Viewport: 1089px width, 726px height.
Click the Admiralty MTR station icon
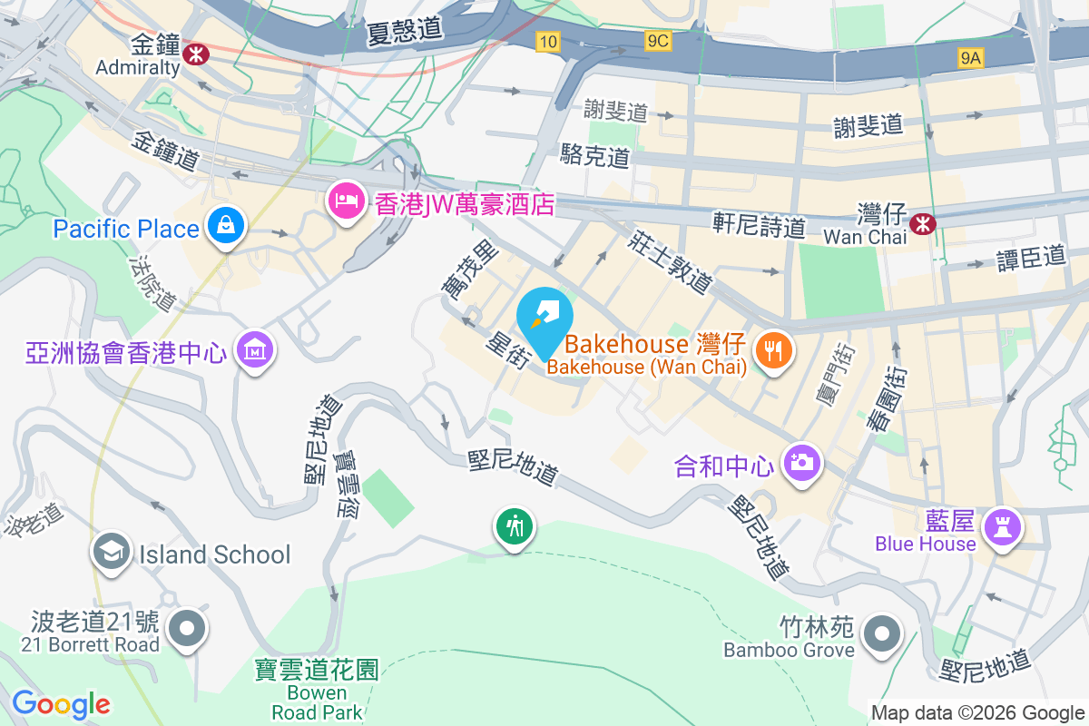click(194, 54)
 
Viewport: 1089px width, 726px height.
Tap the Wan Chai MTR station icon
click(924, 221)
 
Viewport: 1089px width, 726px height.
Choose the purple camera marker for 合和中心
click(800, 464)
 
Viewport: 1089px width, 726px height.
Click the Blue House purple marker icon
click(1002, 527)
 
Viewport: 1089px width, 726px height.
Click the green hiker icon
click(515, 527)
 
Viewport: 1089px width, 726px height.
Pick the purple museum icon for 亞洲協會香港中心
click(253, 349)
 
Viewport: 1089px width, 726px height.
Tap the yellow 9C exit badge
click(658, 41)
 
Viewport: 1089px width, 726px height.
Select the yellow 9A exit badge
click(971, 58)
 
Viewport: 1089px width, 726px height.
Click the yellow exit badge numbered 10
click(547, 41)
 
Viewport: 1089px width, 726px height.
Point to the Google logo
click(61, 704)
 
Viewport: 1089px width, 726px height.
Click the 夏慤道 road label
click(405, 31)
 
